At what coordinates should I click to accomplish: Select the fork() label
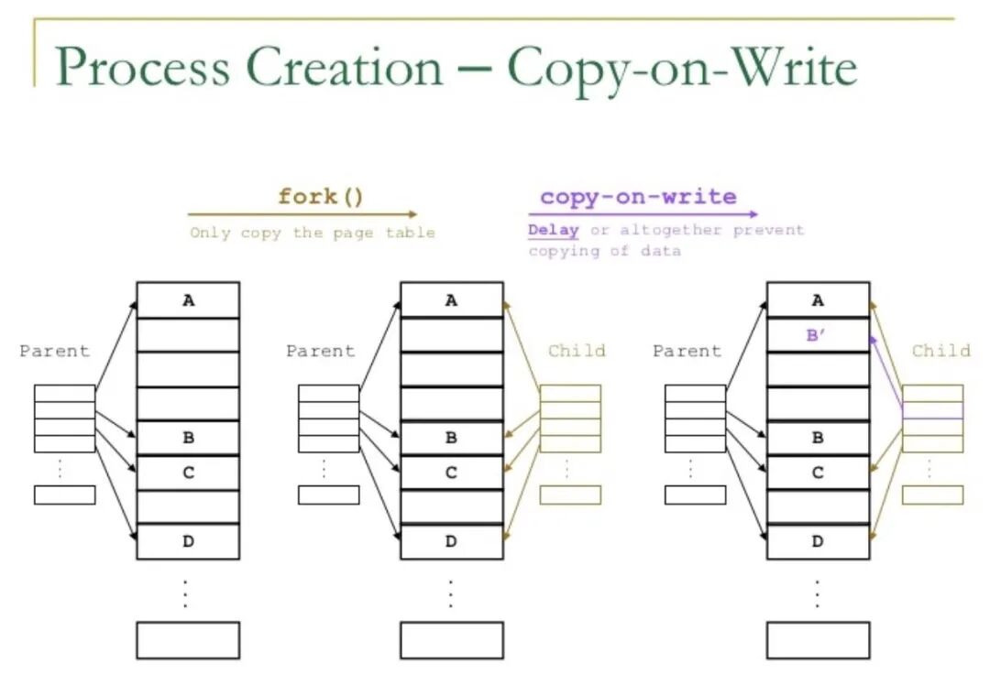(x=321, y=196)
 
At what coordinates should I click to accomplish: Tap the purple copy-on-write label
(x=638, y=196)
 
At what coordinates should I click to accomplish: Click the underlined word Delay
(x=553, y=230)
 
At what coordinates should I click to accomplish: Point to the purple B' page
(x=817, y=335)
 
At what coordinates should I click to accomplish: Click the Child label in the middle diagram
(x=577, y=351)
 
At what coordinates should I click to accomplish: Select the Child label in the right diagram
(x=940, y=351)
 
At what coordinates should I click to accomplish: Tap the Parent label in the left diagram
(x=55, y=351)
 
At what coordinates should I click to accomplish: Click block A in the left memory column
(x=188, y=299)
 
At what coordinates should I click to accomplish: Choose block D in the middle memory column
(x=451, y=541)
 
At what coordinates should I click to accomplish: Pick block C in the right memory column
(x=818, y=473)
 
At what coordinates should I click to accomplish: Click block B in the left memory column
(x=188, y=438)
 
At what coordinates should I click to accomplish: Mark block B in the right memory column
(x=818, y=438)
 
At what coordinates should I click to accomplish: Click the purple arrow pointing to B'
(x=885, y=375)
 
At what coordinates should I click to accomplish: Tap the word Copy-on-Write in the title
(x=682, y=67)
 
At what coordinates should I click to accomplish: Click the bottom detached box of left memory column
(x=188, y=640)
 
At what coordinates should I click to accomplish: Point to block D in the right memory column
(x=818, y=541)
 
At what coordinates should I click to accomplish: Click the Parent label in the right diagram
(x=687, y=351)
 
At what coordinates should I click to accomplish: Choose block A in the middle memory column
(x=451, y=299)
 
